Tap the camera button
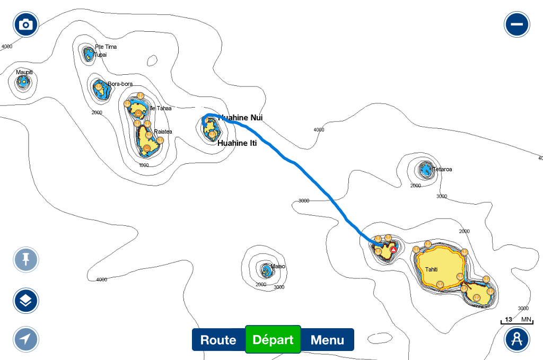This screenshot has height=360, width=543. (x=26, y=24)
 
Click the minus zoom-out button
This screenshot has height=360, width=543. (x=517, y=24)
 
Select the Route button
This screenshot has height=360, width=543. (x=218, y=340)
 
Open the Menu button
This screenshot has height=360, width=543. (x=327, y=340)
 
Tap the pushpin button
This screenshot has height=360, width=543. (x=26, y=260)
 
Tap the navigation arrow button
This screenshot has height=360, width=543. (x=26, y=339)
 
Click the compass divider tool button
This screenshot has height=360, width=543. (x=517, y=339)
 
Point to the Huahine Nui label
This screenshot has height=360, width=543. (x=240, y=118)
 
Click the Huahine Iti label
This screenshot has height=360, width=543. (x=238, y=143)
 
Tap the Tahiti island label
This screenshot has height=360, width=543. (x=431, y=270)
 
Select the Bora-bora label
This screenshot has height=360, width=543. (x=120, y=84)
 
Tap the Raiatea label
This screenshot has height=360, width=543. (x=162, y=131)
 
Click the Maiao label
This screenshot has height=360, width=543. (x=278, y=266)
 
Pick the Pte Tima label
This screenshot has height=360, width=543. (x=106, y=47)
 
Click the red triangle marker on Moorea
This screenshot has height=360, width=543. (x=393, y=249)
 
